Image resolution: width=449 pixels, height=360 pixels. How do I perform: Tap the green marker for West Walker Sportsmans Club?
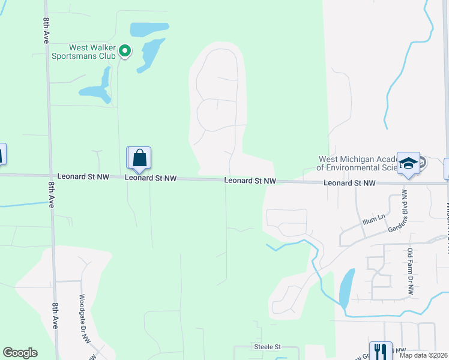(x=125, y=51)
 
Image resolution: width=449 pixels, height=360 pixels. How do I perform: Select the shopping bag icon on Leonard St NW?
(x=140, y=158)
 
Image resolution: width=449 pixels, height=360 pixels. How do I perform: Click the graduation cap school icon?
(x=408, y=163)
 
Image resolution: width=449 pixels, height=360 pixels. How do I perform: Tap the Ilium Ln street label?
(x=373, y=220)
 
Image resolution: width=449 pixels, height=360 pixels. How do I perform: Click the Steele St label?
(x=267, y=347)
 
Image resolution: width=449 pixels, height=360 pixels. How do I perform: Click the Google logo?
(x=20, y=353)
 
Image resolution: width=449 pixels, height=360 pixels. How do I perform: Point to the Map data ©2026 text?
(x=423, y=355)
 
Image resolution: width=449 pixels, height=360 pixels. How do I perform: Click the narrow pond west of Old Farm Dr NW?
(x=346, y=288)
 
